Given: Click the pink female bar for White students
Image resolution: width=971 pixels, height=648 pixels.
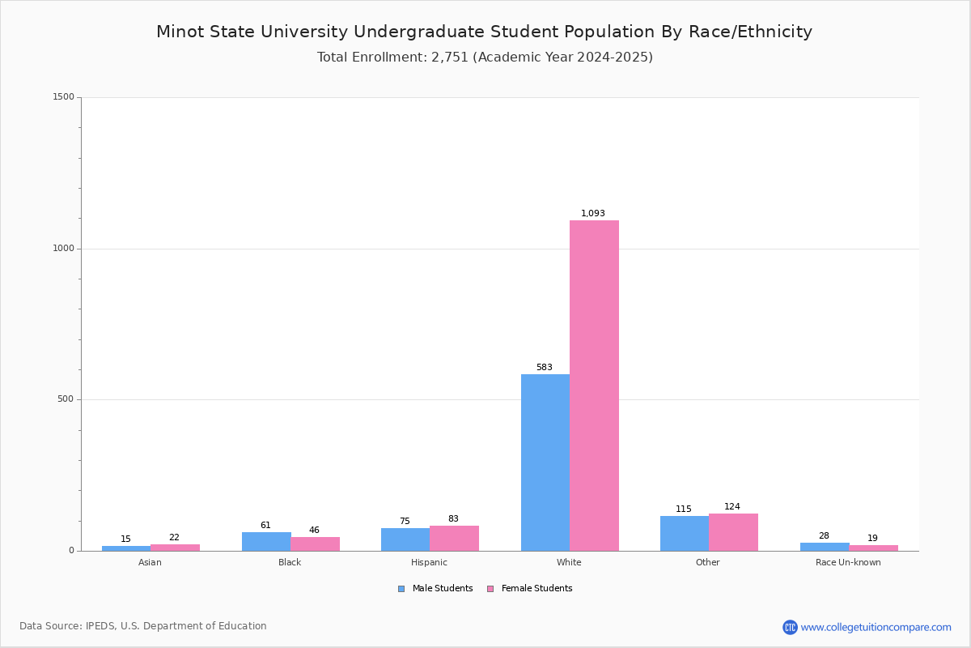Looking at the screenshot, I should click(x=594, y=386).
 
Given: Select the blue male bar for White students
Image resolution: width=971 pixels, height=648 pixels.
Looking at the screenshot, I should click(x=545, y=463).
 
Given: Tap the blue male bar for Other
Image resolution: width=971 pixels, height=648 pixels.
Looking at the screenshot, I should click(x=684, y=533).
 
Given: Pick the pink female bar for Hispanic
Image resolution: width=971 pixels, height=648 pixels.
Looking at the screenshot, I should click(x=454, y=539).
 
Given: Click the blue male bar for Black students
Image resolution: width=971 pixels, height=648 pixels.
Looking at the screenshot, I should click(x=266, y=541).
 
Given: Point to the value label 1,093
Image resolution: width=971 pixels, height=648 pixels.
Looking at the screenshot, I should click(x=593, y=214).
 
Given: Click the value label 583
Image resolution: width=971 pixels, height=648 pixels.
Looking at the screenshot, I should click(x=545, y=368).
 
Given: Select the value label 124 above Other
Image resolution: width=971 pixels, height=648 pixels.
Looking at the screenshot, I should click(x=732, y=507).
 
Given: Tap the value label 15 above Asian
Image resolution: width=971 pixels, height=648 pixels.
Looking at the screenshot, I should click(x=125, y=539).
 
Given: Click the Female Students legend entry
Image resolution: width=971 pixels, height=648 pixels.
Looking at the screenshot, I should click(x=536, y=589).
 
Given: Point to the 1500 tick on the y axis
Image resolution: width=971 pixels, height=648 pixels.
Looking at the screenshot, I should click(x=64, y=97).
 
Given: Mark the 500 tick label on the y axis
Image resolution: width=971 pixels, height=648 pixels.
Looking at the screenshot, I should click(x=66, y=399).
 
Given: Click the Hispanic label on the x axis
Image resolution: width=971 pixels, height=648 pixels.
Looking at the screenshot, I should click(x=429, y=563).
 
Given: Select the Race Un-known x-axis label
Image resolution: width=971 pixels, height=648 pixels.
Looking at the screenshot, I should click(x=848, y=563).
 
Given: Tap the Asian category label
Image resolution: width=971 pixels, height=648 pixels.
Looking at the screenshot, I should click(x=150, y=563).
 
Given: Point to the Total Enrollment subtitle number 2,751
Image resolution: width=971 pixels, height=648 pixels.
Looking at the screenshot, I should click(x=450, y=58).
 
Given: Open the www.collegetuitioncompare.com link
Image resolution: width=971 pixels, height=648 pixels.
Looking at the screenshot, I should click(x=876, y=627).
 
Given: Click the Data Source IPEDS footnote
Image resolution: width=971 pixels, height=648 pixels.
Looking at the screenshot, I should click(x=143, y=626).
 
